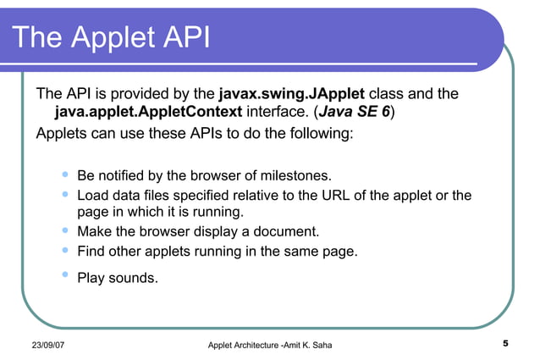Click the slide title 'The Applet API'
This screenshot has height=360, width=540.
[111, 38]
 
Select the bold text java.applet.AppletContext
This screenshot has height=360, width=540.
[148, 112]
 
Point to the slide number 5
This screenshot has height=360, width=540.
[504, 343]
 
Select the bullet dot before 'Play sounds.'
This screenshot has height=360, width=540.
[65, 274]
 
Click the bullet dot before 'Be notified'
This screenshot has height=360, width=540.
[65, 174]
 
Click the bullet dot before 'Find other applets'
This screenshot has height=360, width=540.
[65, 249]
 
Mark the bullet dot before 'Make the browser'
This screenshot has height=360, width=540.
[65, 230]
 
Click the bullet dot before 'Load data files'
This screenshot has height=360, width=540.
[65, 194]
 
